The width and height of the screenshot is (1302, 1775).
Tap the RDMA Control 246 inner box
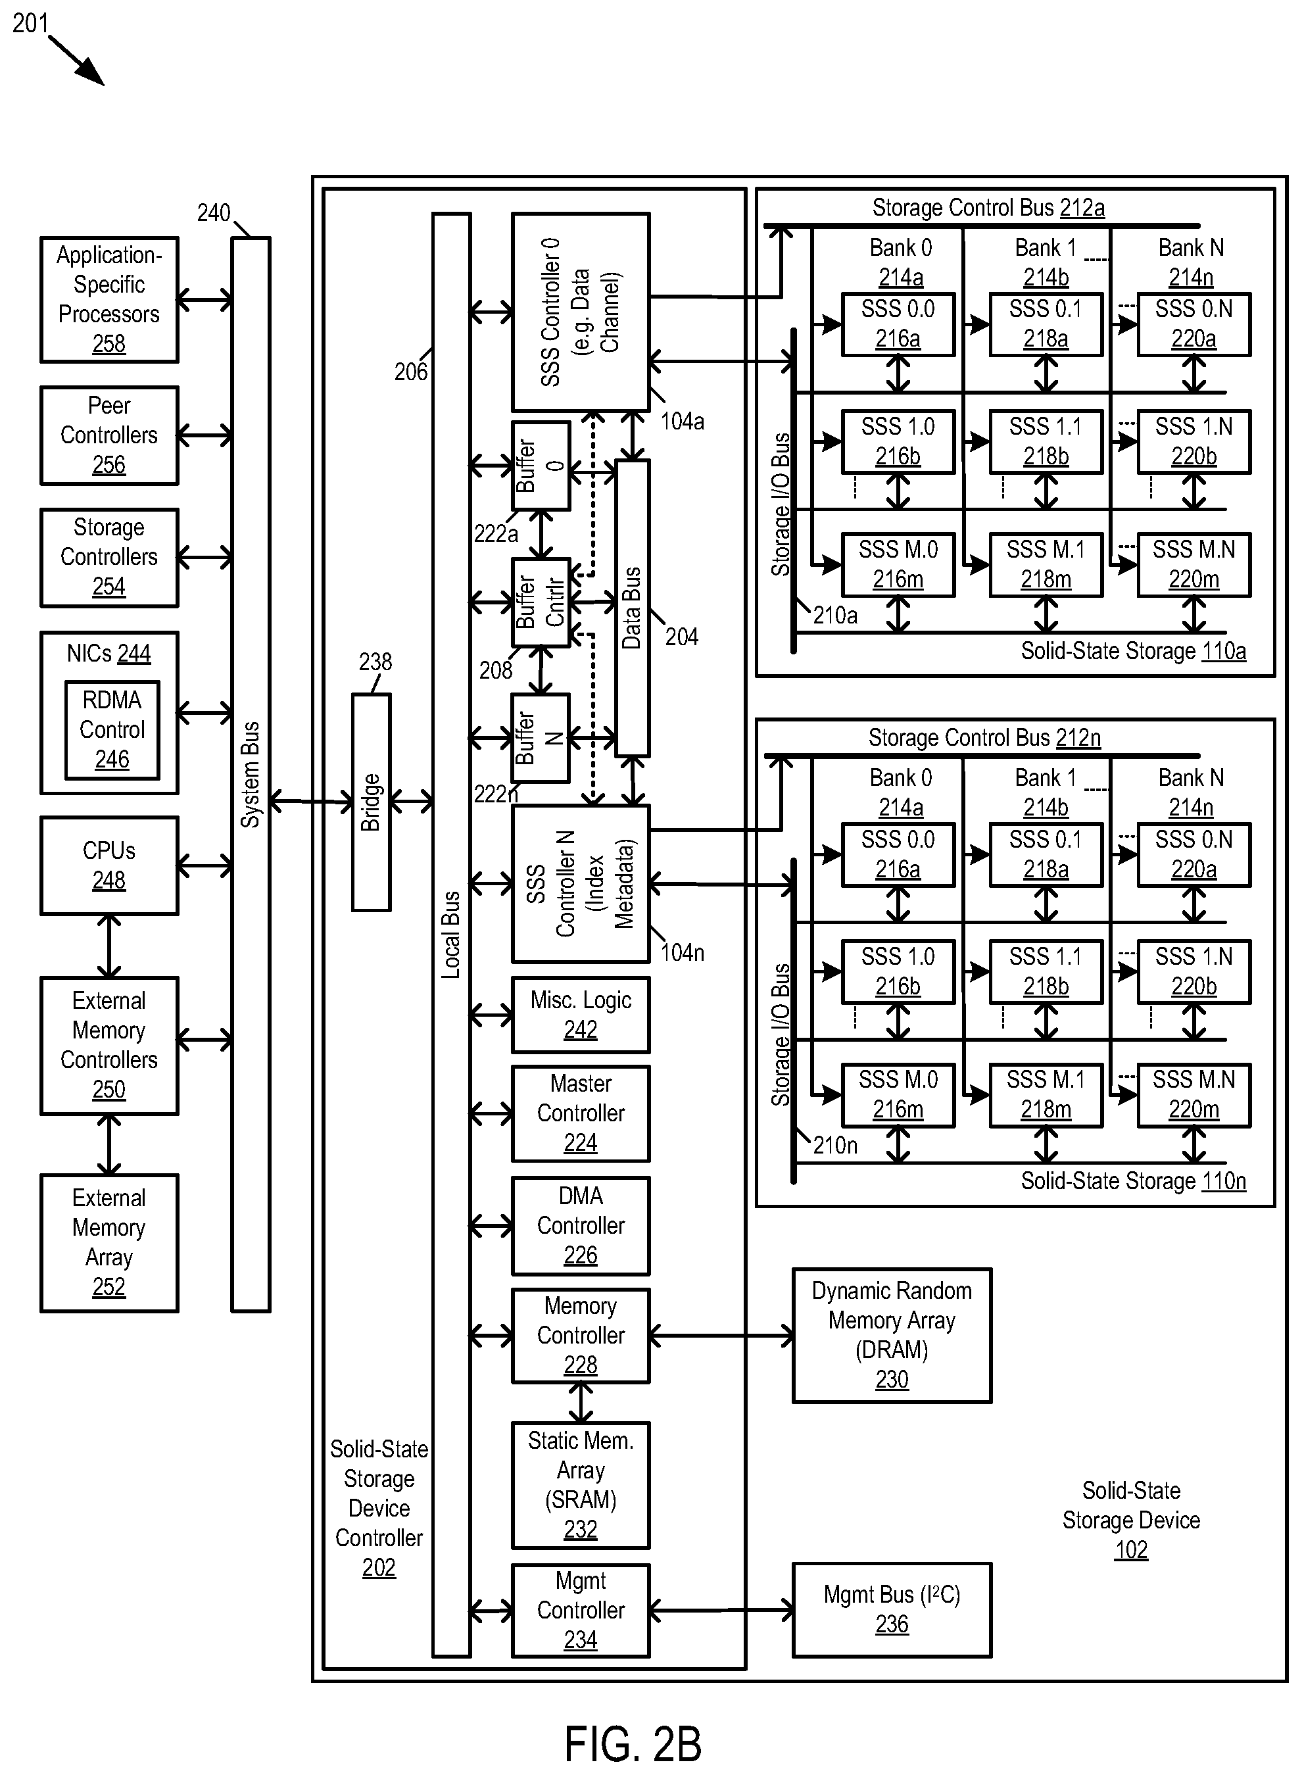pos(112,730)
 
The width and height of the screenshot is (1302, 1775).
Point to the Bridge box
pos(372,802)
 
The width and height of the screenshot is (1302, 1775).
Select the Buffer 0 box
pos(541,466)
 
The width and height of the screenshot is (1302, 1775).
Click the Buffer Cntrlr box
pos(541,603)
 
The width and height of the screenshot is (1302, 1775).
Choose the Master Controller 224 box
pos(581,1113)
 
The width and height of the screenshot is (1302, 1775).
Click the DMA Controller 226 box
pos(581,1226)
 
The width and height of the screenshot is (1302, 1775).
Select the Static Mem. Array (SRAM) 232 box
pos(581,1486)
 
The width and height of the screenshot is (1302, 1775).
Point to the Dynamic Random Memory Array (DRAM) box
pos(892,1335)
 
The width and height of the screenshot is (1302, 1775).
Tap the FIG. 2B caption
pos(633,1743)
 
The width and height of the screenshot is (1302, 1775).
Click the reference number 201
pos(30,23)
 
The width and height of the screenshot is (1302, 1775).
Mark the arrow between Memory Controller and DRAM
pos(722,1336)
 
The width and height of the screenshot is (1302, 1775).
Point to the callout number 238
pos(375,662)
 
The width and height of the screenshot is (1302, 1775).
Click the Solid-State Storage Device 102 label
pos(1131,1520)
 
